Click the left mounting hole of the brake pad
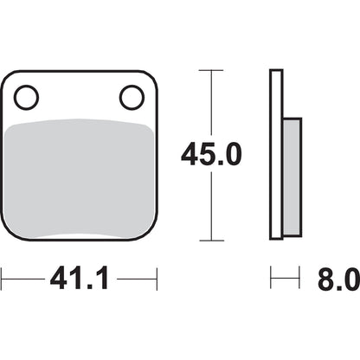27,97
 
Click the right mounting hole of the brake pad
132,97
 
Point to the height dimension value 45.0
210,155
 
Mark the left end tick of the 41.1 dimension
2,280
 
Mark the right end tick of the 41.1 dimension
157,280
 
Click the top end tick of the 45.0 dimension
209,70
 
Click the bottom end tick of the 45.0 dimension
209,240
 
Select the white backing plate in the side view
276,156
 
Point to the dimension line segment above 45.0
209,104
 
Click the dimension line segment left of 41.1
22,280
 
